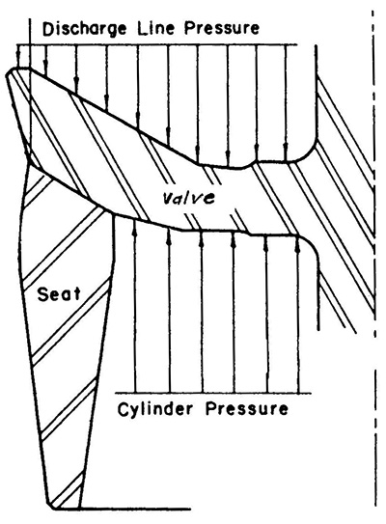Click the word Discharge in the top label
[x=85, y=29]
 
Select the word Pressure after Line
[x=222, y=28]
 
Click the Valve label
[x=188, y=198]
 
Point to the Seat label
[x=59, y=294]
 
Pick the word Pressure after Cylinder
[x=246, y=409]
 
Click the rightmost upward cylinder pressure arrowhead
[x=298, y=245]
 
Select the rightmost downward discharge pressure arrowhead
[x=286, y=154]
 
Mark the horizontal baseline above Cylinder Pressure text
[x=213, y=393]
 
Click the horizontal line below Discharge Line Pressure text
[x=156, y=44]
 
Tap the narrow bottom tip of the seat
[x=53, y=507]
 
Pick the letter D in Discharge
[x=48, y=29]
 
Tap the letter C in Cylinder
[x=123, y=409]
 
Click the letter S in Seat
[x=42, y=294]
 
